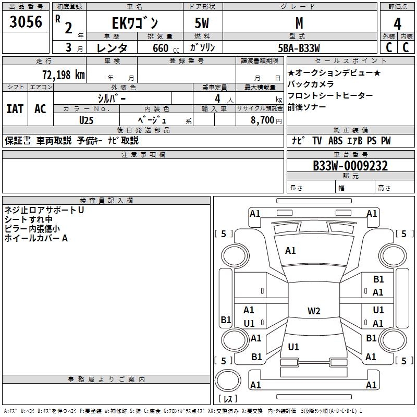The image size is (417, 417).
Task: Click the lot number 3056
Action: point(26,21)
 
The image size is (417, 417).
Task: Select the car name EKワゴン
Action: point(135,23)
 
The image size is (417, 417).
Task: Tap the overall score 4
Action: point(397,24)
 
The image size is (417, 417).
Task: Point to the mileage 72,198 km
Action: point(64,75)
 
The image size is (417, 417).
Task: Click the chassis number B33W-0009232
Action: point(350,166)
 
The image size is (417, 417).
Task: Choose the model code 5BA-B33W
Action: point(299,48)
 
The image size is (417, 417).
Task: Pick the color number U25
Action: point(86,120)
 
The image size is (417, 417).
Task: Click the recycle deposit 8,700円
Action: point(266,120)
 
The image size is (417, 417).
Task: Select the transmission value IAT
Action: point(15,109)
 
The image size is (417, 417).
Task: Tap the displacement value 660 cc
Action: point(166,48)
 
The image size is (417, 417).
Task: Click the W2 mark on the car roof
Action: point(314,311)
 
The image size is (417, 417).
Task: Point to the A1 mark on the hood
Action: point(290,250)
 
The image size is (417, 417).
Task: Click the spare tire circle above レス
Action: point(228,381)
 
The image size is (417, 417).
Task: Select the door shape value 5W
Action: point(202,23)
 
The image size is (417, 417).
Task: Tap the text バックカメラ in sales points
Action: point(311,84)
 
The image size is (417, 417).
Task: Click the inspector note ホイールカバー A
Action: point(36,238)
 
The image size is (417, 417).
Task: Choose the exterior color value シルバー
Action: point(112,99)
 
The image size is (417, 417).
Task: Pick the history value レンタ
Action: point(112,48)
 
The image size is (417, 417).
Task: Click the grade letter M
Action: point(299,23)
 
